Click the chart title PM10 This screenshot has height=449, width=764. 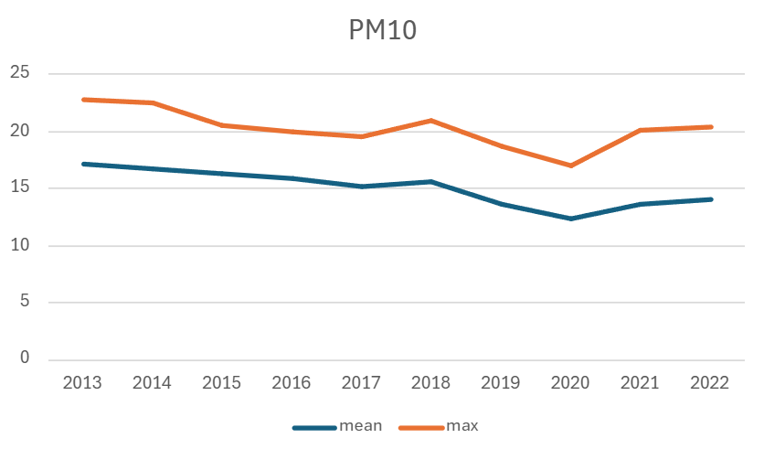click(x=382, y=30)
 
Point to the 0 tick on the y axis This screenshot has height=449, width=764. click(x=25, y=359)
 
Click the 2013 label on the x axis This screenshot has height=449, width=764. click(x=81, y=382)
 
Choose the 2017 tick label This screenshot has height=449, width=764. click(x=361, y=382)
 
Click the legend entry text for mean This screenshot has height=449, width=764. click(x=360, y=426)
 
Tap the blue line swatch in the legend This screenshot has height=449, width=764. click(x=313, y=427)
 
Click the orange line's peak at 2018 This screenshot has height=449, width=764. click(x=431, y=121)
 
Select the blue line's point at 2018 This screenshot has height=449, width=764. click(x=431, y=182)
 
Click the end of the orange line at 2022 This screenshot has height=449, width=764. click(x=711, y=127)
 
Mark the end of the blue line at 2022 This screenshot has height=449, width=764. click(x=711, y=199)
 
